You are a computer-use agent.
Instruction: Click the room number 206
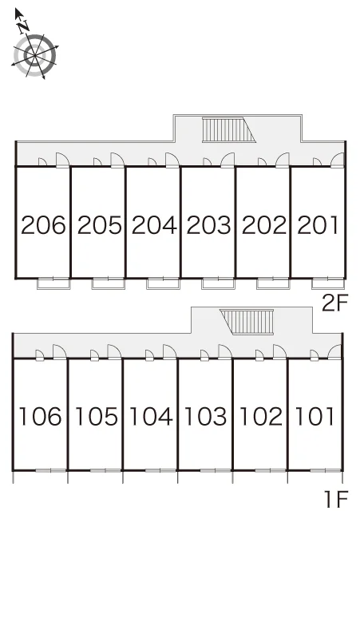click(x=43, y=225)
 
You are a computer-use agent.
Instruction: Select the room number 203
click(x=208, y=225)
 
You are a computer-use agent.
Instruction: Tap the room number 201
click(x=318, y=225)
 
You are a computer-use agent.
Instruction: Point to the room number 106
click(x=40, y=416)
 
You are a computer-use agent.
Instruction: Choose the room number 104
click(x=150, y=416)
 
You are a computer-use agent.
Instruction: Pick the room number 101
click(x=315, y=416)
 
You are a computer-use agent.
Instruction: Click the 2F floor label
click(x=334, y=303)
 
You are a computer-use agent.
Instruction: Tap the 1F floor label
click(x=336, y=499)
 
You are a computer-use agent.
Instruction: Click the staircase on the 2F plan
click(x=229, y=129)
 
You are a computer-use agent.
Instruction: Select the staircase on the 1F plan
click(x=247, y=322)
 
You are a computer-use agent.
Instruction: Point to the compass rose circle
click(x=35, y=56)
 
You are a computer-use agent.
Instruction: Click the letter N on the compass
click(x=24, y=26)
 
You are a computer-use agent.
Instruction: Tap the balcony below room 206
click(x=53, y=283)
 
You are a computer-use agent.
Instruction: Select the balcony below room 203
click(x=218, y=283)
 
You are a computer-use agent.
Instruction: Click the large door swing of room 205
click(x=117, y=160)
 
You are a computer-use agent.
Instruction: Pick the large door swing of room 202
click(x=282, y=160)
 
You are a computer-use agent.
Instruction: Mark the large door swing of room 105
click(x=114, y=352)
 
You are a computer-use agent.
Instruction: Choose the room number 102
click(x=261, y=416)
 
